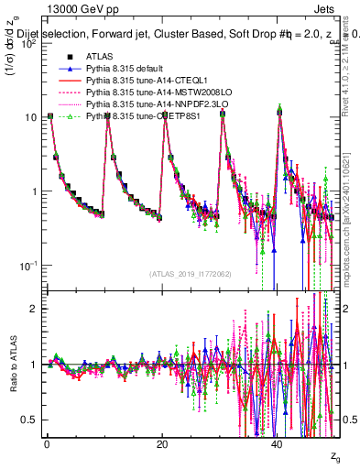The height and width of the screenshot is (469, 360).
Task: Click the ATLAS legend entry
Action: pos(99,56)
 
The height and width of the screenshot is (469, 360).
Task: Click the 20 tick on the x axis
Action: pos(161,443)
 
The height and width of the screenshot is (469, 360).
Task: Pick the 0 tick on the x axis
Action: pos(46,443)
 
